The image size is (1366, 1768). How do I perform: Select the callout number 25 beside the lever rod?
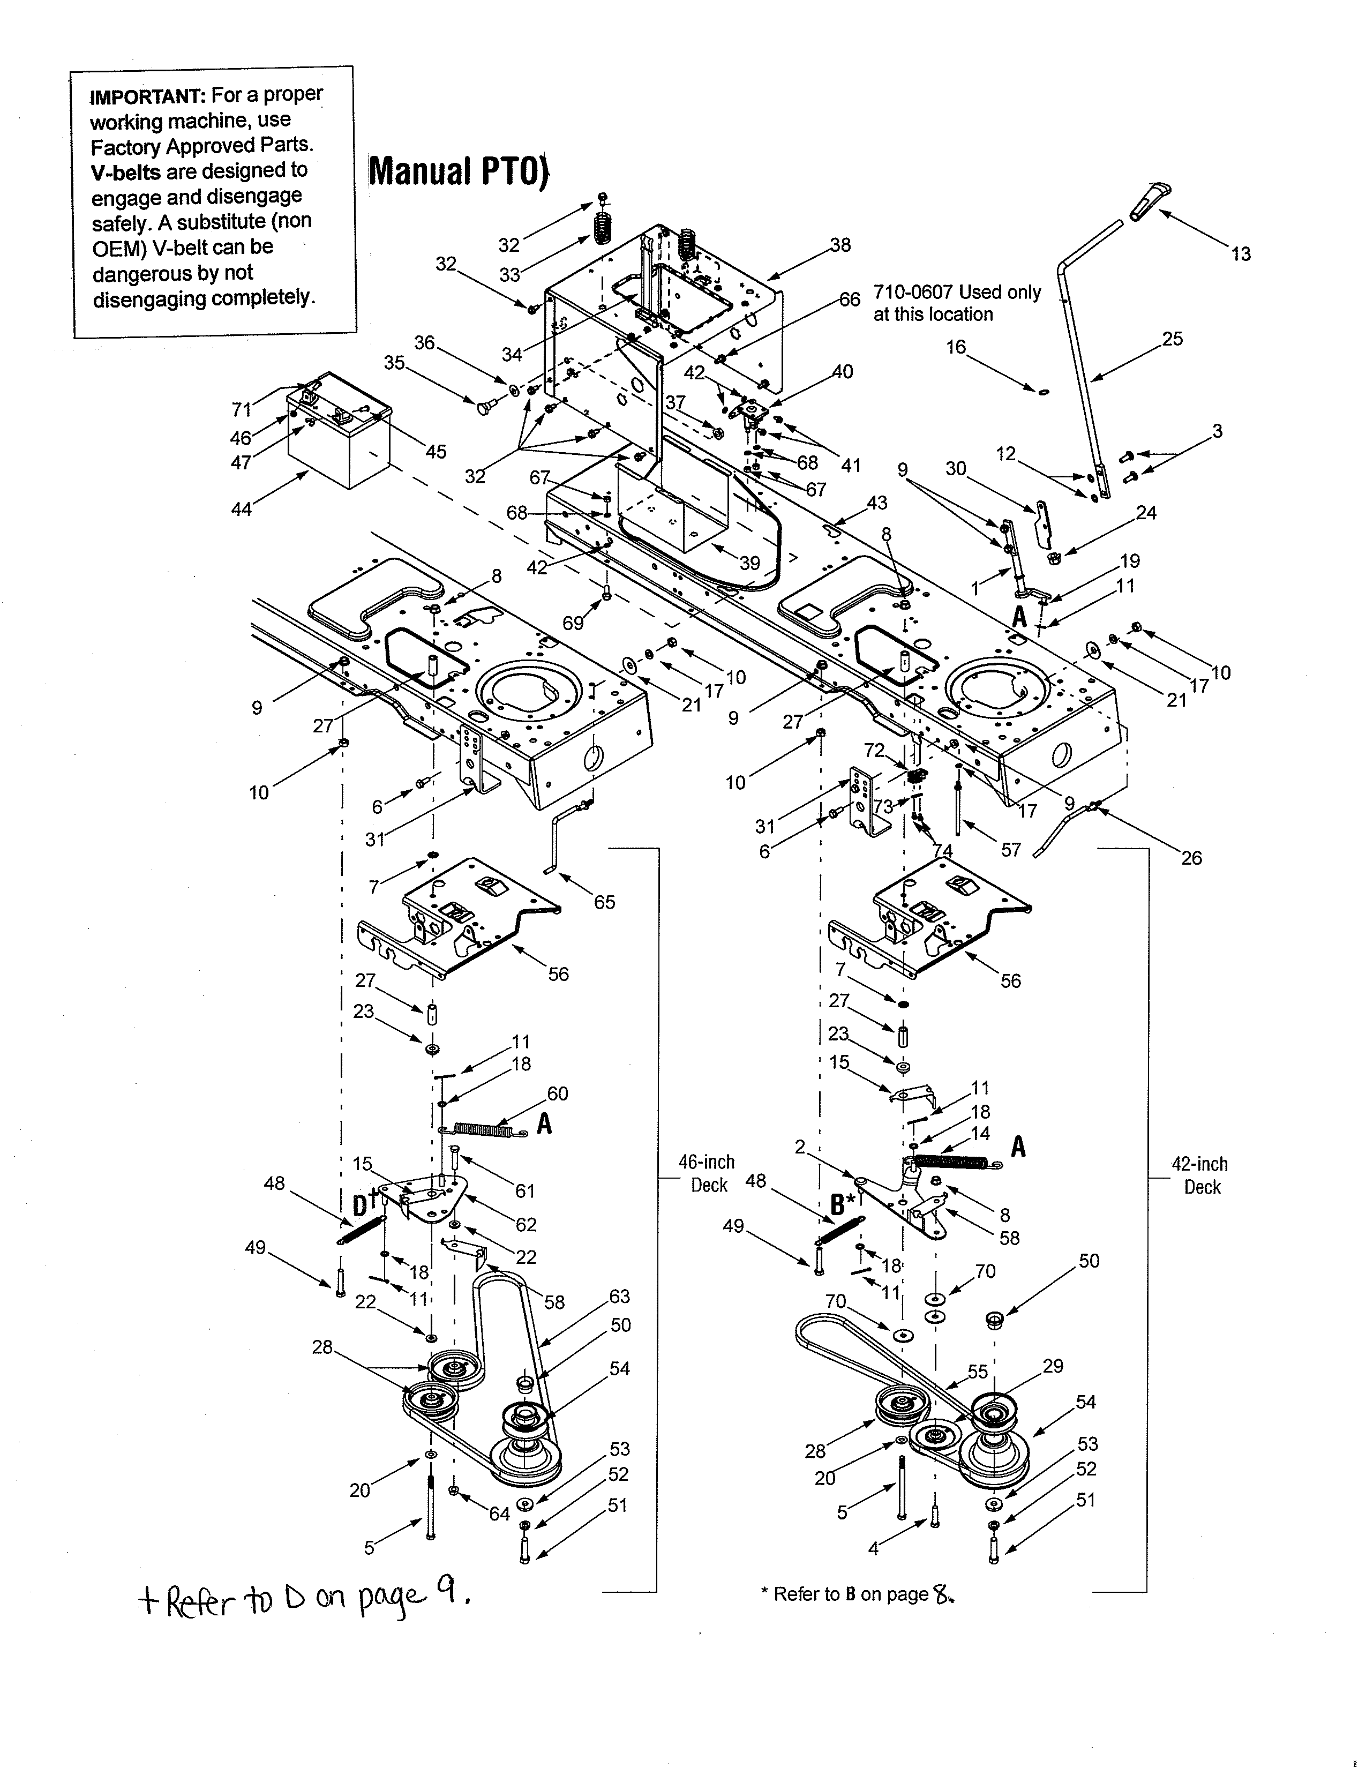(x=1172, y=339)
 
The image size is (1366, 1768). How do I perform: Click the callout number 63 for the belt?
(x=619, y=1296)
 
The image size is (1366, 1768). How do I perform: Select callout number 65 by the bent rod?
(x=604, y=902)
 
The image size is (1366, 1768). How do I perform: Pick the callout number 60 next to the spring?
(x=558, y=1093)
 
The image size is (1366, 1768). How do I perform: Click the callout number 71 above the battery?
(x=241, y=410)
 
